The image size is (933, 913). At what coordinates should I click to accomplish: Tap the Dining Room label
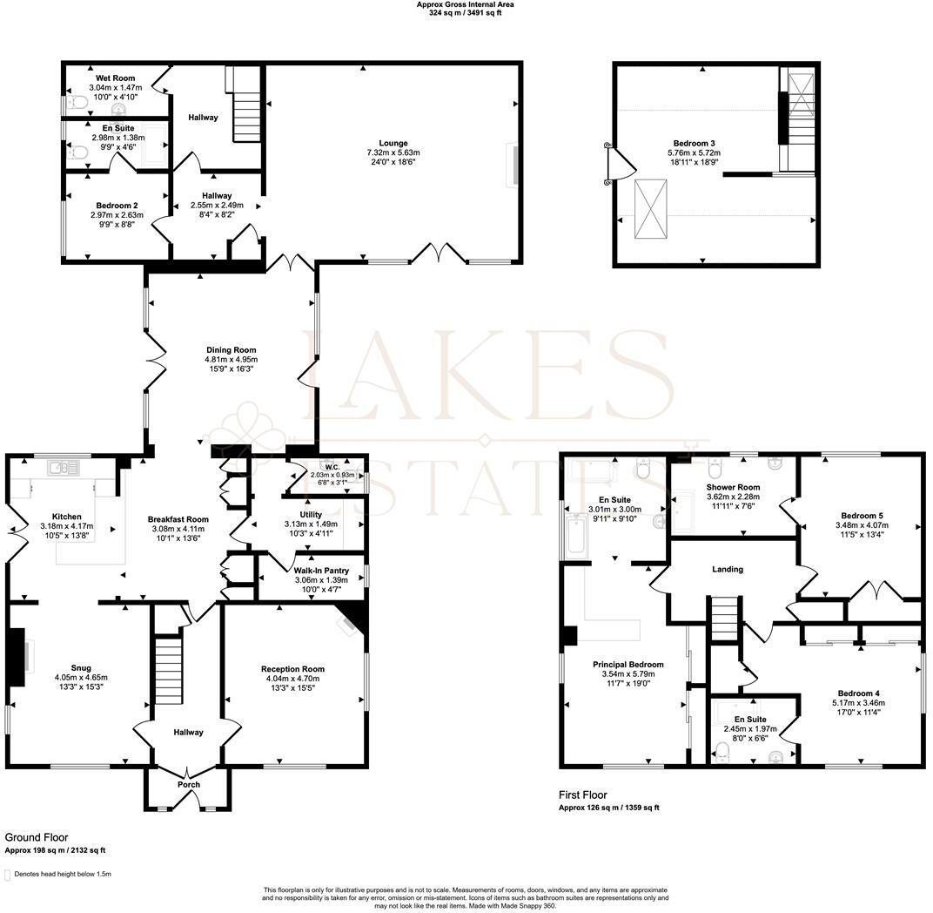231,350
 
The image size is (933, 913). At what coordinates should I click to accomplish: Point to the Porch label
188,785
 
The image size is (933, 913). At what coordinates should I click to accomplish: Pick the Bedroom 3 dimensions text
694,153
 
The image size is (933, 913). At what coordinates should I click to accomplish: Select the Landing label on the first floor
728,570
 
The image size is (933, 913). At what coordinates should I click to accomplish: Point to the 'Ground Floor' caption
37,836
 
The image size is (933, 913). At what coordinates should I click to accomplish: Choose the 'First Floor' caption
582,795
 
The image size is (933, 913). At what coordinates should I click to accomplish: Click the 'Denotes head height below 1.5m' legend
61,874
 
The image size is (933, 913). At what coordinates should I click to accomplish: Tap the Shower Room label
733,487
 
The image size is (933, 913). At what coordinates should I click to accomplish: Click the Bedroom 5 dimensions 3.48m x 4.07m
860,525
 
